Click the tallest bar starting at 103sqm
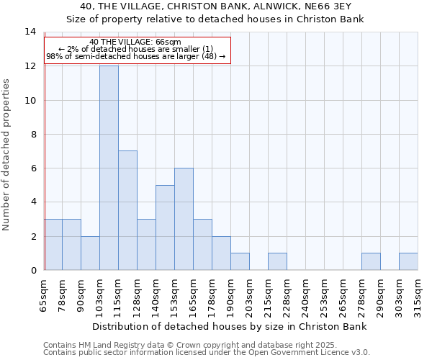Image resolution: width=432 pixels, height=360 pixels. [109, 168]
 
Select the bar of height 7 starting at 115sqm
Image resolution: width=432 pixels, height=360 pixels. [127, 210]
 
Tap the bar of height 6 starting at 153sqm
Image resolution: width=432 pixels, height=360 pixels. [184, 219]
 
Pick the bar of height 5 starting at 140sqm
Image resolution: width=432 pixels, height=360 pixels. [165, 228]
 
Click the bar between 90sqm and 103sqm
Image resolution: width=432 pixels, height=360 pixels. [90, 253]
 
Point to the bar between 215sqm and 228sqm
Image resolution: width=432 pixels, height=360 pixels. [277, 261]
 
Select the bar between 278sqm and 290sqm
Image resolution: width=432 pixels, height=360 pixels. [371, 261]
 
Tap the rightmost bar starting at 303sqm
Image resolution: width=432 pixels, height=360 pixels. [408, 261]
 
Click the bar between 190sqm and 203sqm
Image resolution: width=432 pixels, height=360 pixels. [240, 261]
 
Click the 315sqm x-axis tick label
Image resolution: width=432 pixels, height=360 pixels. [418, 294]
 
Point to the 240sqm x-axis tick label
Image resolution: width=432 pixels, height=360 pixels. [306, 294]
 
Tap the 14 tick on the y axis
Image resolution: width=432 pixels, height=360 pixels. [30, 32]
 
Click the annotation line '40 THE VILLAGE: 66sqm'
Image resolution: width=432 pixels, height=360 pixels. [136, 42]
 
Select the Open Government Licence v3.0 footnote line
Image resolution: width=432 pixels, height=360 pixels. [207, 353]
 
